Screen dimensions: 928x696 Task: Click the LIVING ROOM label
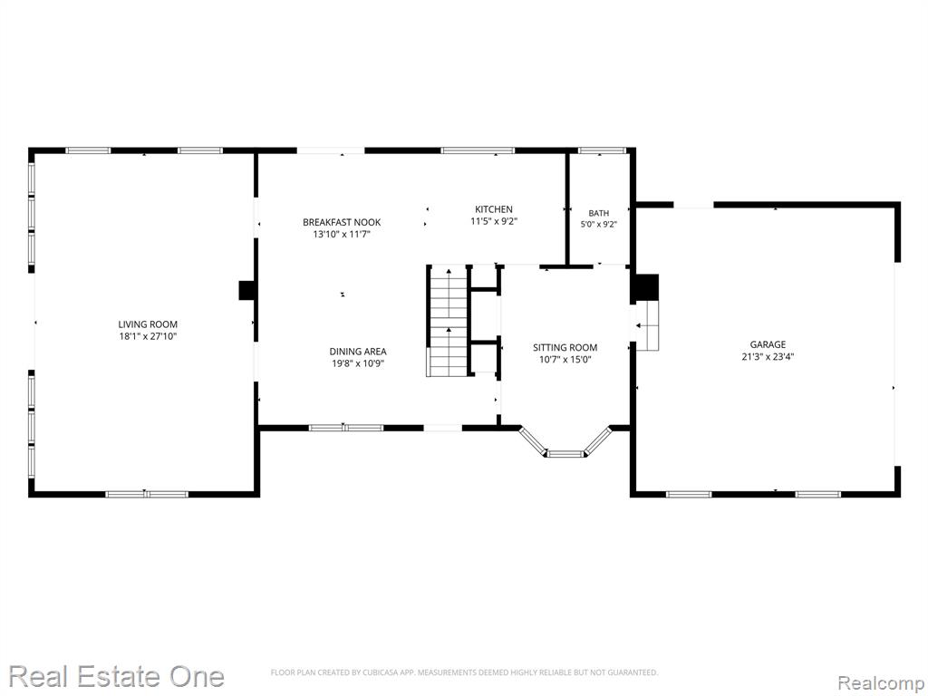coord(148,324)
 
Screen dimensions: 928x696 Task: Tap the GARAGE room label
coord(768,344)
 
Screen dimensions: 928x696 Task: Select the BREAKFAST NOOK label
coord(342,223)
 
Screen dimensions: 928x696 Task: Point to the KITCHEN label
coord(494,209)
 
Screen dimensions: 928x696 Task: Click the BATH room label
coord(598,213)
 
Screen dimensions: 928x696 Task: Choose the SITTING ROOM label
coord(565,348)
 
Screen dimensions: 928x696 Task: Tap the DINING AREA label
coord(357,352)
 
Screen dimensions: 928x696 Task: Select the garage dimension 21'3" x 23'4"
coord(768,357)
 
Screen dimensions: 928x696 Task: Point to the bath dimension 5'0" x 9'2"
coord(598,225)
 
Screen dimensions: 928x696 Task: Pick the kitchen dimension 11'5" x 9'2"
coord(494,221)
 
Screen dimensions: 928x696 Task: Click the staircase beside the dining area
coord(448,322)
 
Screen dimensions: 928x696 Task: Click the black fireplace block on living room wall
coord(246,291)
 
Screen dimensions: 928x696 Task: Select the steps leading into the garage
coord(647,325)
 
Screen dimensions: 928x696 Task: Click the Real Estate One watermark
coord(117,676)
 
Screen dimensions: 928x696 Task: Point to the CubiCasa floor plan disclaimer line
coord(464,672)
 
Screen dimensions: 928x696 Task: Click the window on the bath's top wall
coord(602,150)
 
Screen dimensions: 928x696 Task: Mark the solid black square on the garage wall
coord(647,288)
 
